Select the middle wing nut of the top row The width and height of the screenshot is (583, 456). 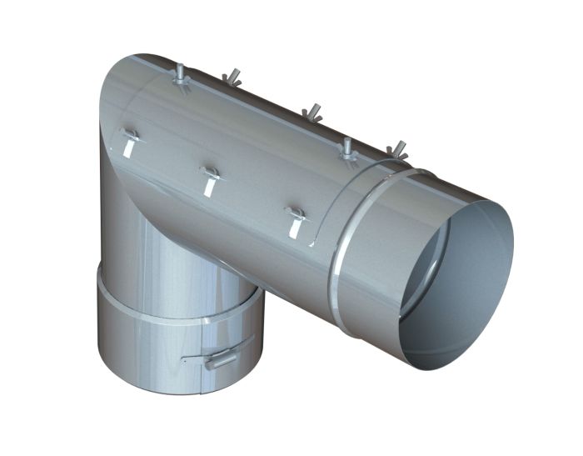tap(312, 111)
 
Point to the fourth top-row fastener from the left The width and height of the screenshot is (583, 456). tap(347, 148)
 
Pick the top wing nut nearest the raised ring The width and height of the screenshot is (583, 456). tap(398, 150)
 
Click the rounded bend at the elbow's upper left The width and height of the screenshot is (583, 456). tap(117, 92)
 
